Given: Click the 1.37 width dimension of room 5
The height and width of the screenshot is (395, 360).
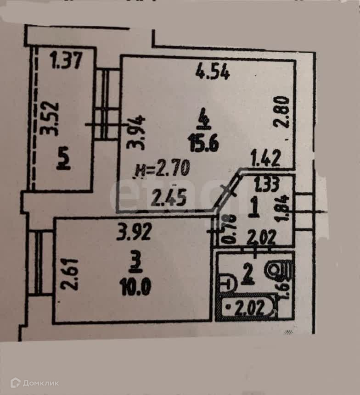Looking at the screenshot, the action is click(67, 60).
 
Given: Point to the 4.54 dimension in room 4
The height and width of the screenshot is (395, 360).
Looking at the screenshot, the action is click(212, 72).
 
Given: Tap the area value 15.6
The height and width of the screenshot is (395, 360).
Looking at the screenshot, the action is click(203, 145).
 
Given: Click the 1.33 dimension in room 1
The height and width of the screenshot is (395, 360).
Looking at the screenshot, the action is click(266, 186).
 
